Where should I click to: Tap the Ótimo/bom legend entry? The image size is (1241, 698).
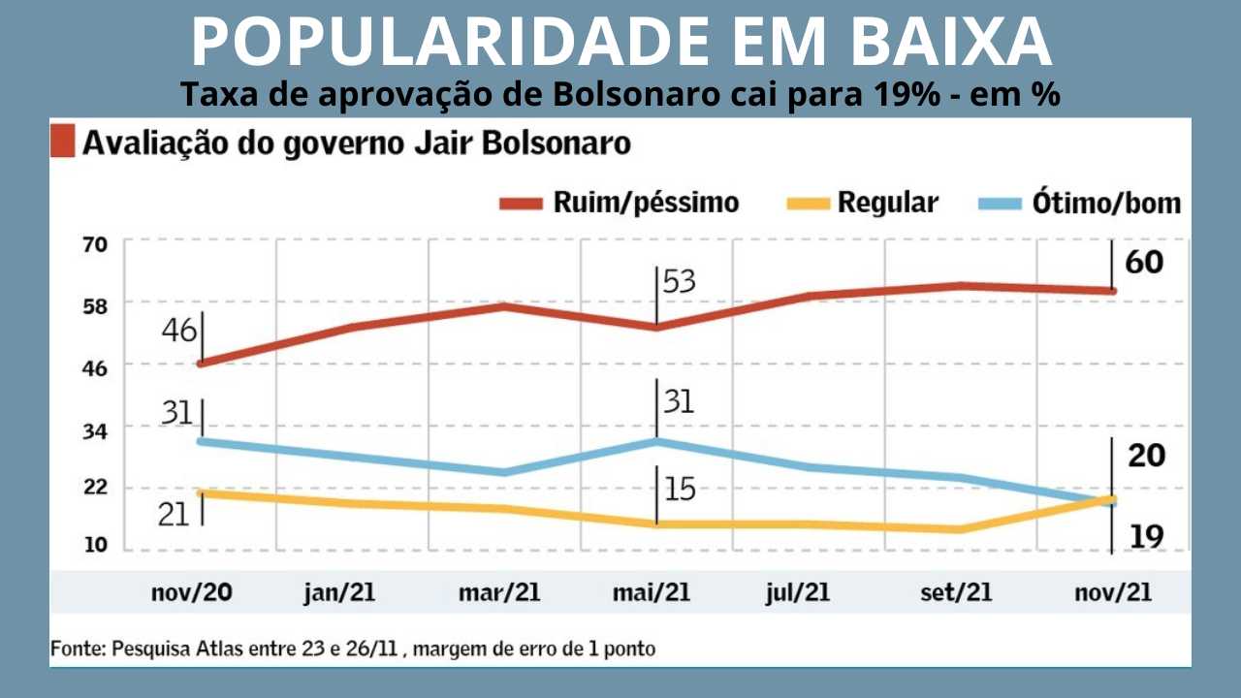pos(1105,203)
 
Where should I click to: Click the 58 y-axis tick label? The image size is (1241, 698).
pos(94,303)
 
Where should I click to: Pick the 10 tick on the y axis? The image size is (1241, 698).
pos(94,546)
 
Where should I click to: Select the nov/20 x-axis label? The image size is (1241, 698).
pos(192,592)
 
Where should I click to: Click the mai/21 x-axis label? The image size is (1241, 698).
pos(651,592)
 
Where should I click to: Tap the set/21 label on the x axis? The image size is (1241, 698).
pos(955,592)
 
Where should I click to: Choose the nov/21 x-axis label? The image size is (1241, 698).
pos(1112,592)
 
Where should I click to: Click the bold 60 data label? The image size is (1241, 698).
pos(1144,262)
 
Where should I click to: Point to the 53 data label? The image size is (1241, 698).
pos(680,282)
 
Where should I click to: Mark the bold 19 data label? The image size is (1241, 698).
pos(1146,535)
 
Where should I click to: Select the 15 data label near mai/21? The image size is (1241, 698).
pos(680,490)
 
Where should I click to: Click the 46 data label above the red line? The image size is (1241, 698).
pos(179,331)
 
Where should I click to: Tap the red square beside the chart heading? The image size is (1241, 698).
pos(62,143)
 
